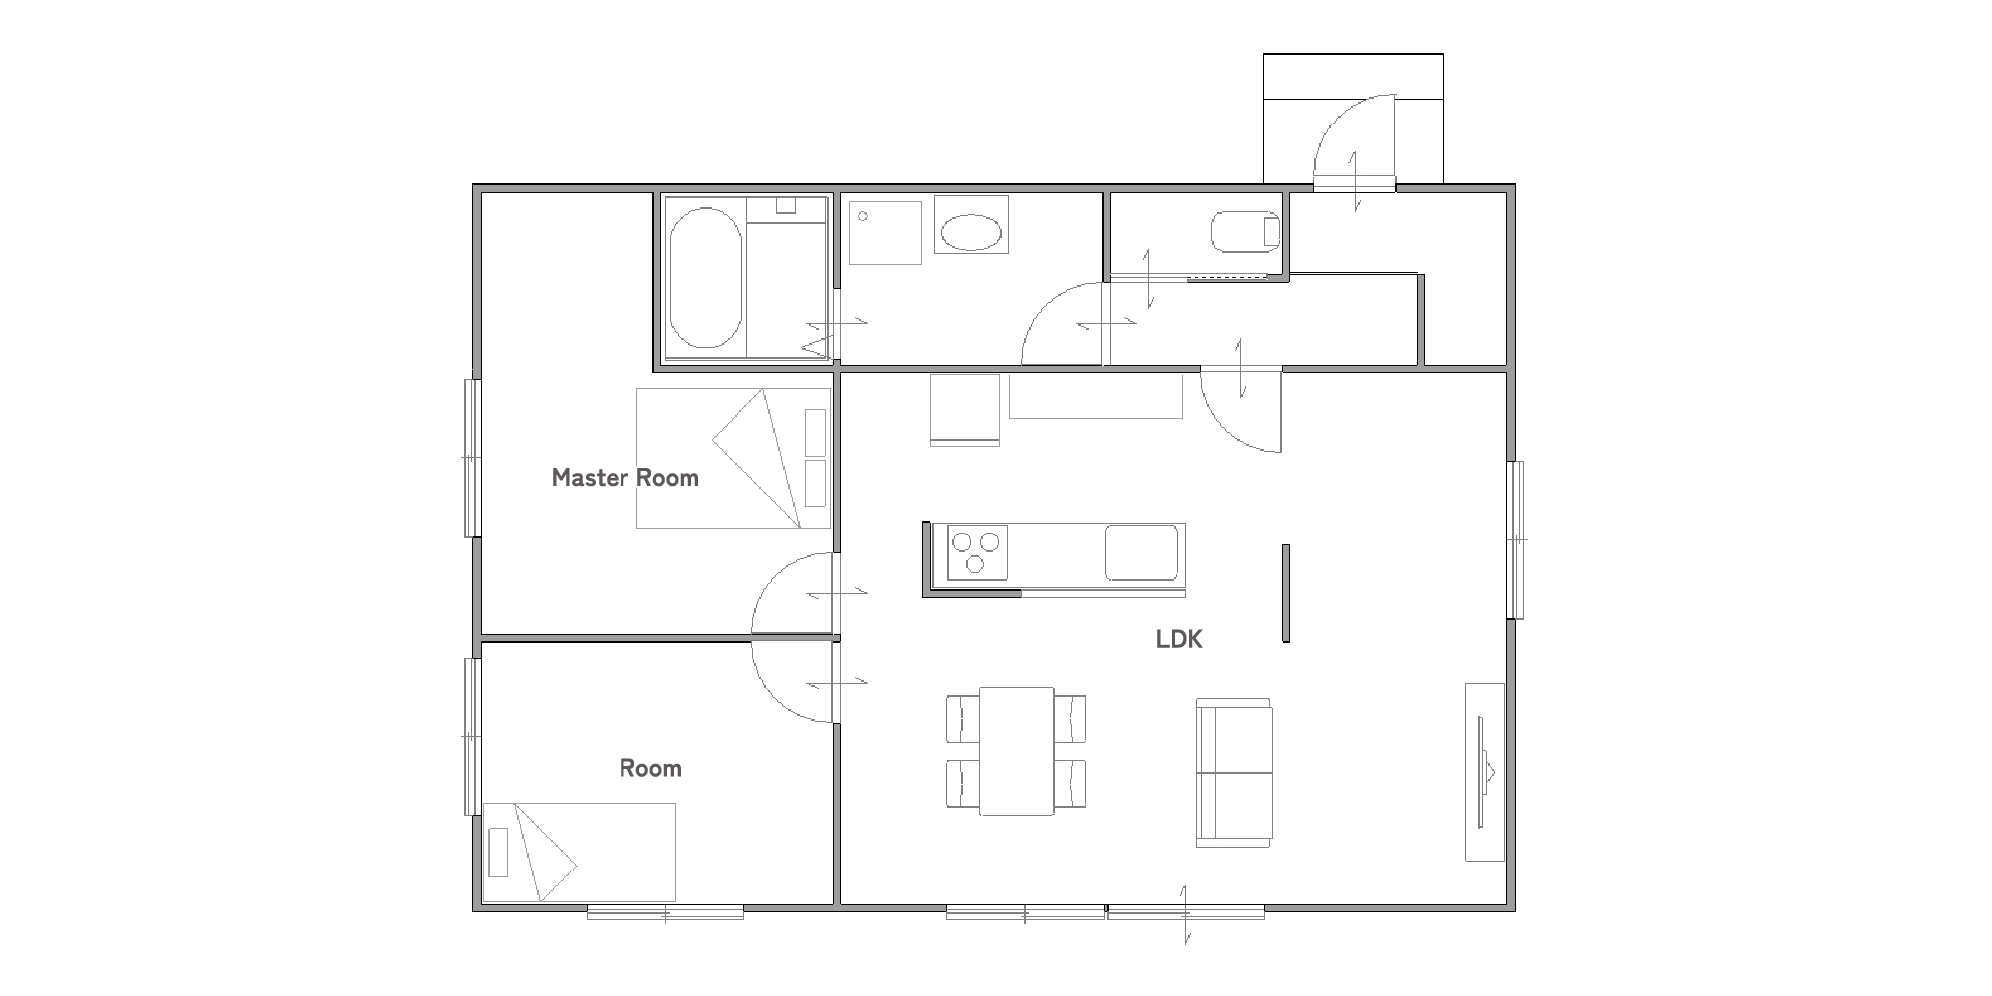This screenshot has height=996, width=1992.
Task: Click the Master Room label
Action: tap(624, 478)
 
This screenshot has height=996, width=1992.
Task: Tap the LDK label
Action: tap(1179, 639)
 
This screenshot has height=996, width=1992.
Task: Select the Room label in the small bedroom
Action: tap(650, 768)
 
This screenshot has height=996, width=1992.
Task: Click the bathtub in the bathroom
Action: tap(705, 277)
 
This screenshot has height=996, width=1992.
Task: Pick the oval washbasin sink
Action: tap(971, 234)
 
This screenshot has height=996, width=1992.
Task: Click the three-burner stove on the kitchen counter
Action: tap(975, 552)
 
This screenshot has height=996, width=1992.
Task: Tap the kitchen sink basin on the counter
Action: tap(1140, 552)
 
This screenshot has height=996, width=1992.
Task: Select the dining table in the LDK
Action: tap(1016, 751)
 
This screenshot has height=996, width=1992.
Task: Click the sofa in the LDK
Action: tap(1234, 773)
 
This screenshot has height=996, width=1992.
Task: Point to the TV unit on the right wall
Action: tap(1483, 772)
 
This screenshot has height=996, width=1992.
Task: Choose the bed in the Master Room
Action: tap(733, 458)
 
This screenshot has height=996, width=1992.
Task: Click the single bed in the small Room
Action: tap(580, 853)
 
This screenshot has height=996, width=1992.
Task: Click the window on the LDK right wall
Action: tap(1516, 539)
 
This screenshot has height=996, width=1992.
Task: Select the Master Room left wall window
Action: tap(472, 458)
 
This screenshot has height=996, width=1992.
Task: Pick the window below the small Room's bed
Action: tap(665, 911)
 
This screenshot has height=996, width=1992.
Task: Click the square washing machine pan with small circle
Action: tap(884, 233)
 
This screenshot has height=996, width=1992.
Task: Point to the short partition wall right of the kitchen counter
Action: tap(1286, 593)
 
